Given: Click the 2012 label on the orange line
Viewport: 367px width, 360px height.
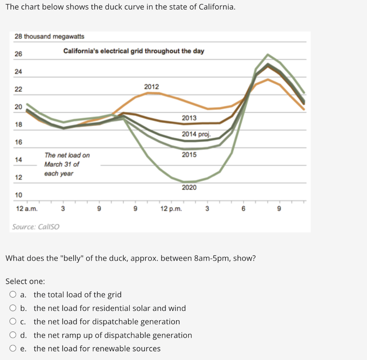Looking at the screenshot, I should [x=151, y=87].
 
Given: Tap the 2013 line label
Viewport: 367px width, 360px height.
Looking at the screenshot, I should [x=189, y=118].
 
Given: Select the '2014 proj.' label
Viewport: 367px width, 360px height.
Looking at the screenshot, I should [x=196, y=134].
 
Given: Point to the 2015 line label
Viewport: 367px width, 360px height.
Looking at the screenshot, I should [x=189, y=155].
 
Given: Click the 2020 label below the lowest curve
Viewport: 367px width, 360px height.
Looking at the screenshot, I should [x=189, y=187].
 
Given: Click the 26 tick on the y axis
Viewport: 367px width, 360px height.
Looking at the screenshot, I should [x=18, y=54].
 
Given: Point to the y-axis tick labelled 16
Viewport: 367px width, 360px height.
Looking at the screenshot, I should [x=18, y=142].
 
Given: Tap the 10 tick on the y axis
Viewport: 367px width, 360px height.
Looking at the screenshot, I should [x=18, y=195].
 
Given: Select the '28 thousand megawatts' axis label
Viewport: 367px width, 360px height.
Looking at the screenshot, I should [x=49, y=37].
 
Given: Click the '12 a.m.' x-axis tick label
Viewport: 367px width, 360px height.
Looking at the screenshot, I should [x=27, y=209].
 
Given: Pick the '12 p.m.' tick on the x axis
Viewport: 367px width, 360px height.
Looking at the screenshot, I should [x=171, y=209].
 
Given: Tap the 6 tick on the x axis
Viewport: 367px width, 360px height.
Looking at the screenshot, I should [x=243, y=209].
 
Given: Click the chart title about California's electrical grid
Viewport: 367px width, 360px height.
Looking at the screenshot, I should [x=134, y=51].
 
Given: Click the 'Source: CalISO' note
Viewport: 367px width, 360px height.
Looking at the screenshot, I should [x=36, y=227].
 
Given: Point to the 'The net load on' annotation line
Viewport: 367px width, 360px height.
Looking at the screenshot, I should [x=67, y=155].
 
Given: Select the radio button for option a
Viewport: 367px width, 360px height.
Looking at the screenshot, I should [x=13, y=295].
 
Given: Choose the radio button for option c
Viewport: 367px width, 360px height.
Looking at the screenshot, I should [x=13, y=322].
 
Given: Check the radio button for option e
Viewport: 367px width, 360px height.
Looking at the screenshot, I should [x=13, y=349].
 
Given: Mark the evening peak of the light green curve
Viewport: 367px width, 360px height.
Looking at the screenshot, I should [x=268, y=54].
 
